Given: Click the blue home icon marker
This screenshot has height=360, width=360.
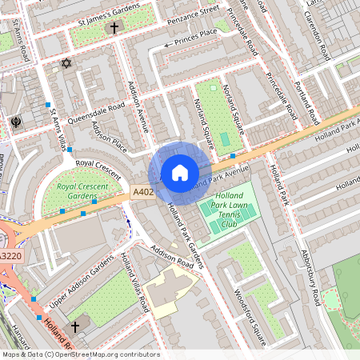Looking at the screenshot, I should click(x=180, y=173).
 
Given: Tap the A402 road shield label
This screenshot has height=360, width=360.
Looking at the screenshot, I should click(x=142, y=192).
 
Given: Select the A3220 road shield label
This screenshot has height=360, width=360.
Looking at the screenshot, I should click(x=10, y=256).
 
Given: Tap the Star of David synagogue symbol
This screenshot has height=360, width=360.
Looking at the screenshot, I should click(x=66, y=63).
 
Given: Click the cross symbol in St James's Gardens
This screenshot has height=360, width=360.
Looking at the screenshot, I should click(x=114, y=28).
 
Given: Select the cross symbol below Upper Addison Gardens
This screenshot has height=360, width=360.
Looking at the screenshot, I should click(x=75, y=326).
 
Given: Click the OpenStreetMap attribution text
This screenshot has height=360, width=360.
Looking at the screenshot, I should click(x=80, y=354).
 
